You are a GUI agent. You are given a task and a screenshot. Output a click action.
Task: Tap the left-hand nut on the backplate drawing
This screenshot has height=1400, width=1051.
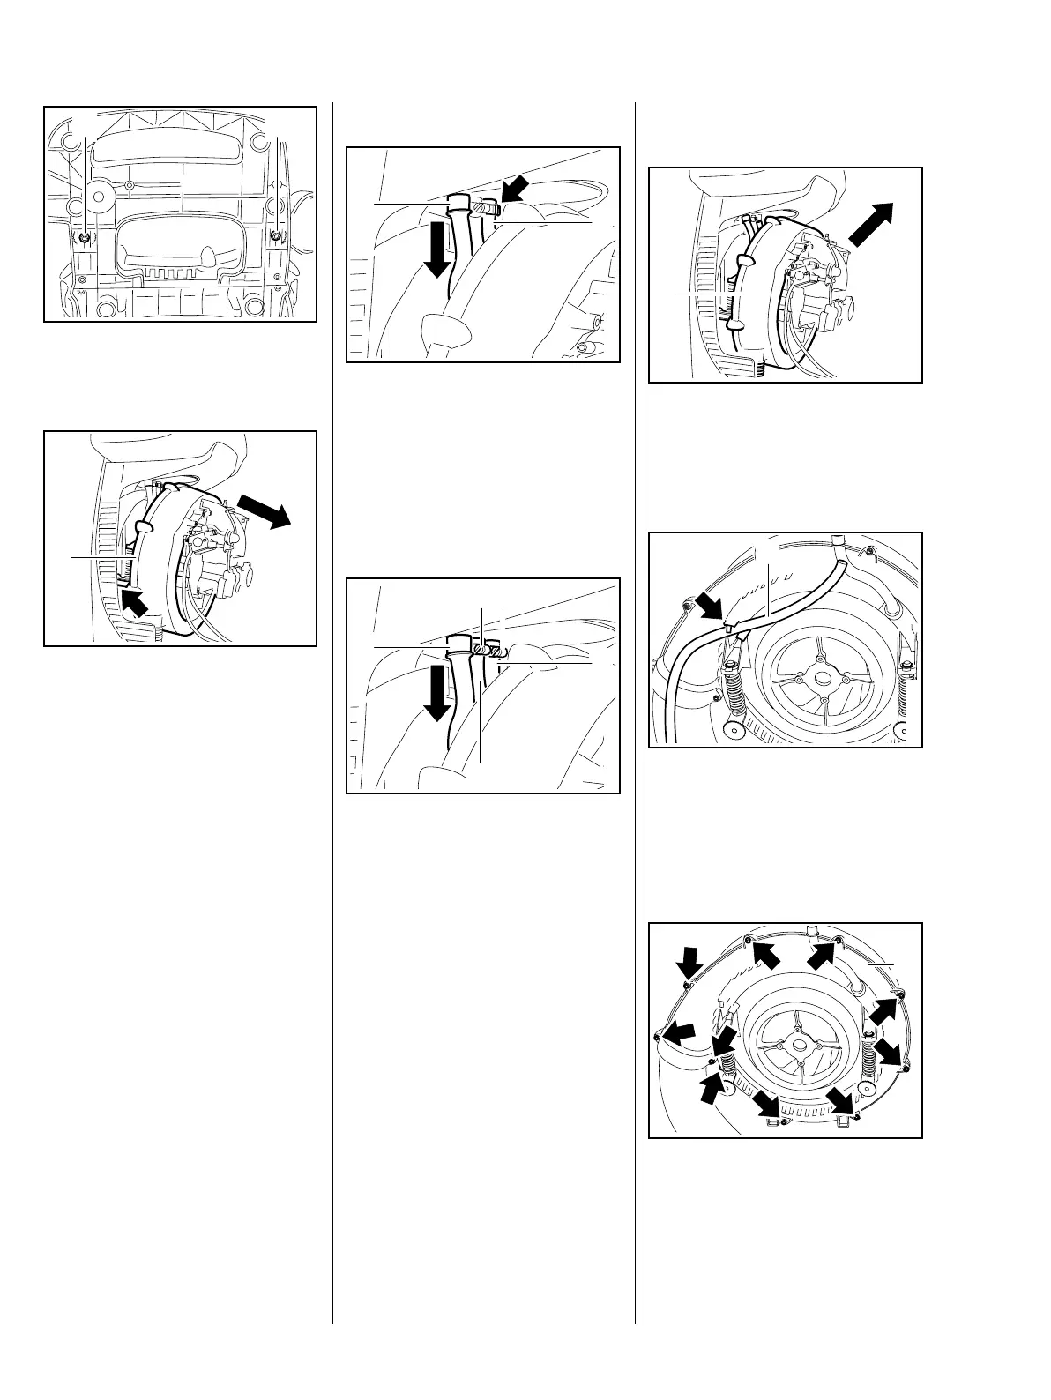(x=82, y=239)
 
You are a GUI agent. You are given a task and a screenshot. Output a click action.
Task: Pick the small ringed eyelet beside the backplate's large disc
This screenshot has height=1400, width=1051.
(x=130, y=185)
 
